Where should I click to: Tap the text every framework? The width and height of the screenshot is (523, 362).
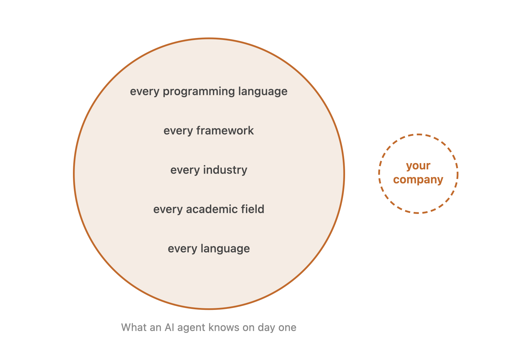pos(209,131)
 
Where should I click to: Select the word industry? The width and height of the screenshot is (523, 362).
pos(225,170)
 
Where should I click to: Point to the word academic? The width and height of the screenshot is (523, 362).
pos(208,209)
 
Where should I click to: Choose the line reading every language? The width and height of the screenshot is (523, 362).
pos(209,249)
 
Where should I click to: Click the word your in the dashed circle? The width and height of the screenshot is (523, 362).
pos(418,166)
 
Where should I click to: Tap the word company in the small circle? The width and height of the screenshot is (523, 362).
pos(418,180)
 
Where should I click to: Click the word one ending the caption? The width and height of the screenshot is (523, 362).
pos(288,327)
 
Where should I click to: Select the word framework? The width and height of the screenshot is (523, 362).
pos(225,131)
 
